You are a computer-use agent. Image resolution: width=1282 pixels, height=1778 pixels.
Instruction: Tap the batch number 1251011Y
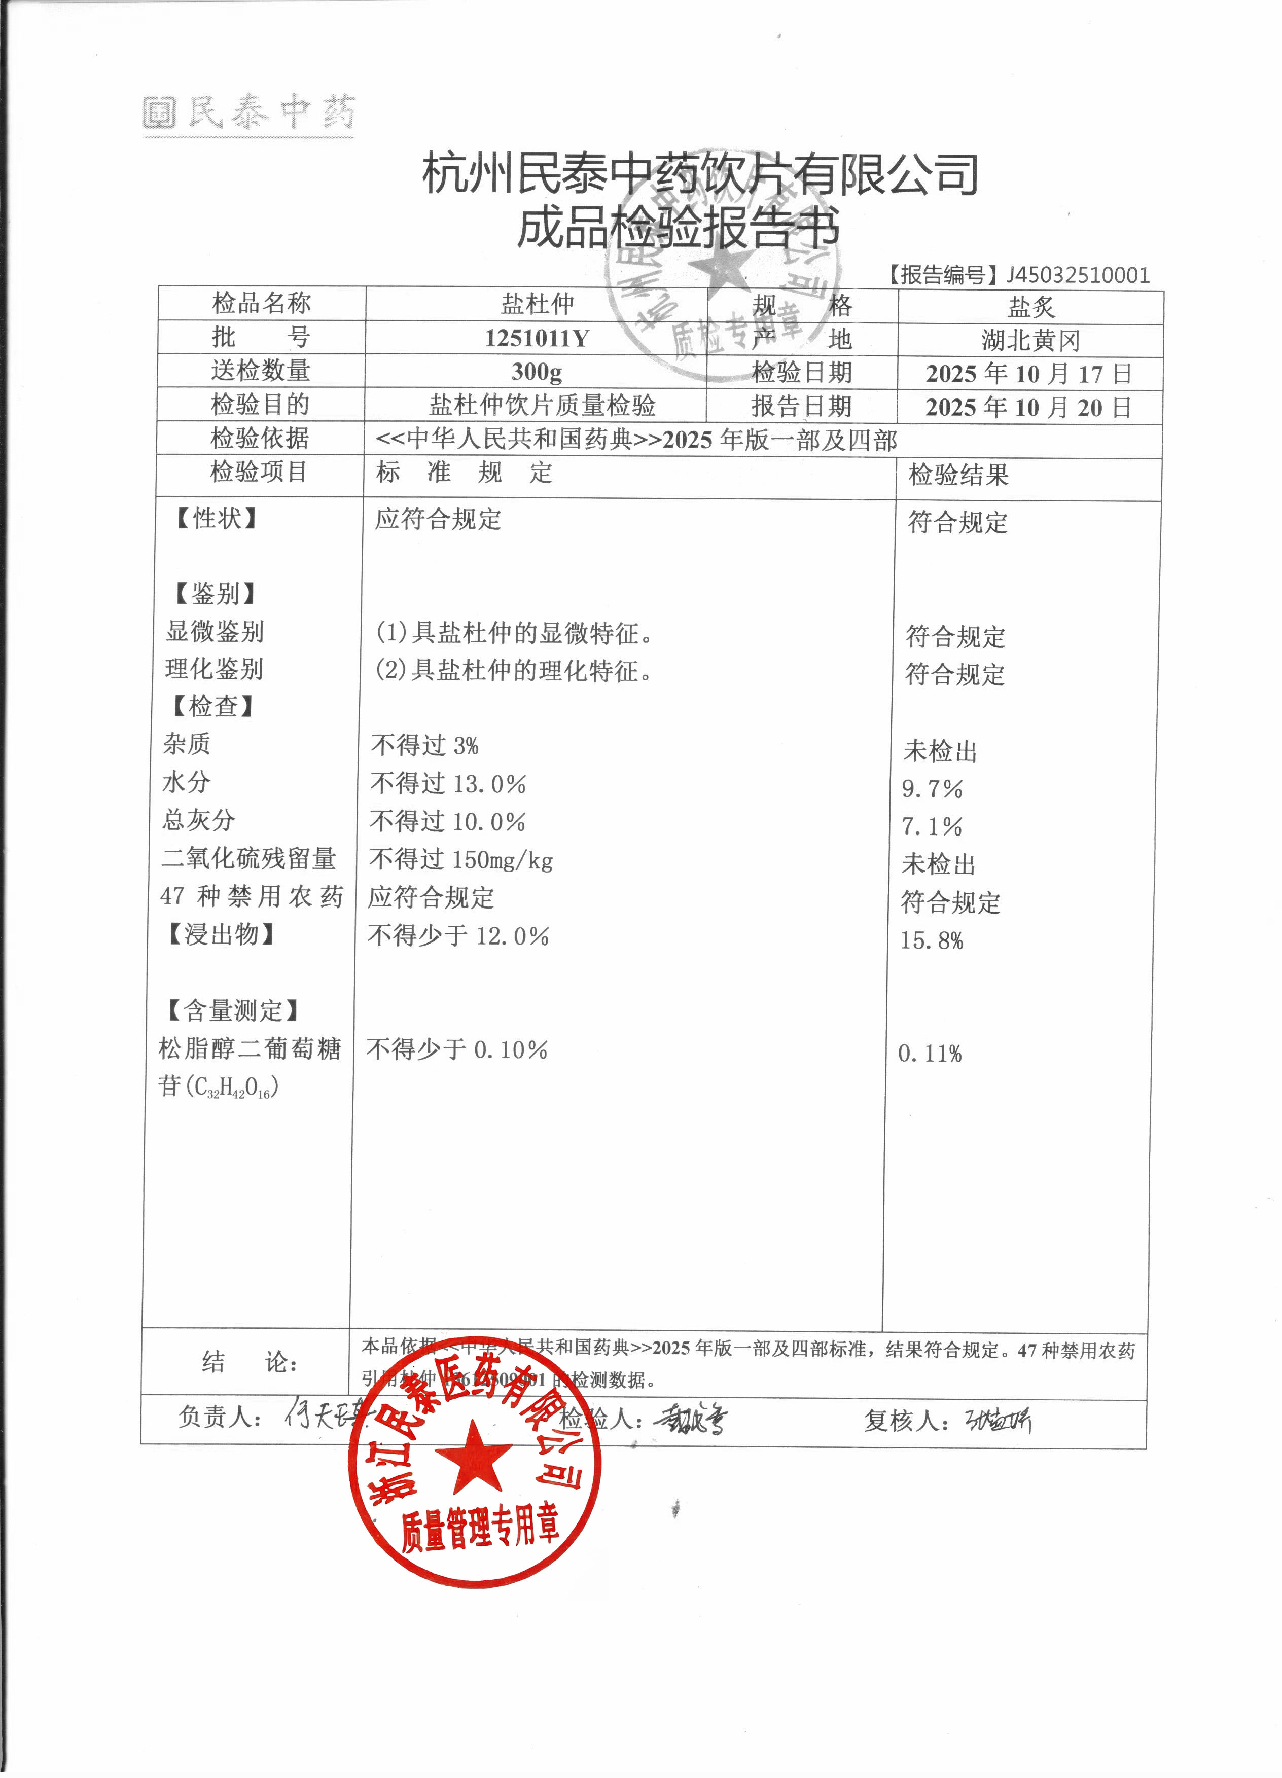pyautogui.click(x=537, y=339)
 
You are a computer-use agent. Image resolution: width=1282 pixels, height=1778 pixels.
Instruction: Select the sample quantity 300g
pyautogui.click(x=537, y=372)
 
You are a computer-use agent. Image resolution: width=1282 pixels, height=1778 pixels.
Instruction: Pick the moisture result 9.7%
pyautogui.click(x=932, y=789)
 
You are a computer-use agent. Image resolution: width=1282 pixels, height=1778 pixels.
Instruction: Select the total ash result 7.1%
pyautogui.click(x=932, y=826)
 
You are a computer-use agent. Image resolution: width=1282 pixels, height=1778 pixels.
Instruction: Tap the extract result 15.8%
pyautogui.click(x=932, y=941)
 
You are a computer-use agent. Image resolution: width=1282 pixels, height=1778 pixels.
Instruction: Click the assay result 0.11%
pyautogui.click(x=930, y=1054)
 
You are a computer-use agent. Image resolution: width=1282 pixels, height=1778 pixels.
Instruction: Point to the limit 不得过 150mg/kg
pyautogui.click(x=461, y=860)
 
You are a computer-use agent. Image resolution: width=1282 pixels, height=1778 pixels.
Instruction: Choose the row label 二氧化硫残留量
pyautogui.click(x=248, y=858)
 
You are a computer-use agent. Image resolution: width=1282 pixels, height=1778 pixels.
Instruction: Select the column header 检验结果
pyautogui.click(x=958, y=475)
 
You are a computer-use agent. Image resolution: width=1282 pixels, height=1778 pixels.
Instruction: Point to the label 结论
pyautogui.click(x=250, y=1362)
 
